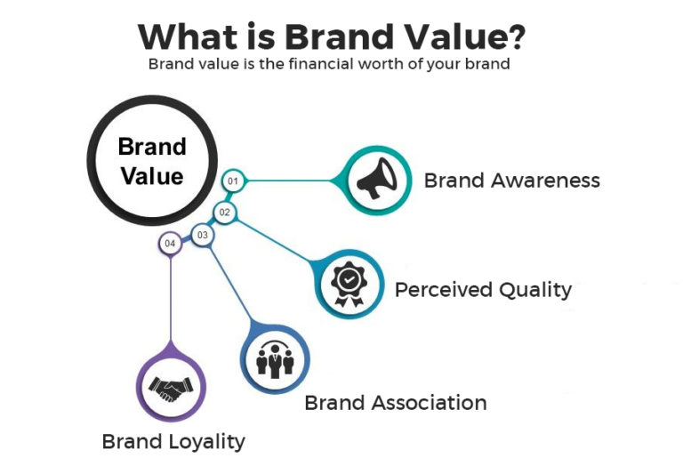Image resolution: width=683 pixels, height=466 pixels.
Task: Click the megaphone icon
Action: coord(376,181)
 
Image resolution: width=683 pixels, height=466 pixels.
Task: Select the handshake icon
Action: coord(170,389)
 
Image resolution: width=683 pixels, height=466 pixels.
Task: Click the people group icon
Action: coord(275,358)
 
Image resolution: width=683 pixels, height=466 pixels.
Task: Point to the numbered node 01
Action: coord(233,181)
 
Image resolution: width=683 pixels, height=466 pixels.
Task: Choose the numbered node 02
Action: coord(225,212)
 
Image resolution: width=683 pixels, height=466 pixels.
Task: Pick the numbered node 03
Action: coord(203,236)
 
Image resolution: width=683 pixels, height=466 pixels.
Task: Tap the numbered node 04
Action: coord(170,243)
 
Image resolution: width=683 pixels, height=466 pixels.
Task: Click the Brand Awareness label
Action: coord(511,181)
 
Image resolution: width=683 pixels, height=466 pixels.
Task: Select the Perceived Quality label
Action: coord(483,289)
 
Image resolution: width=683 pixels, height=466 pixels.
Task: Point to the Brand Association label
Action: coord(395,403)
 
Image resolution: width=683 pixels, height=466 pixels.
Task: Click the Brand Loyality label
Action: coord(173,441)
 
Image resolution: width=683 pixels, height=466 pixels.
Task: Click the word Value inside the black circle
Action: coord(152,175)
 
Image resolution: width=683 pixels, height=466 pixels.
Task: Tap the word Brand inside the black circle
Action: coord(152,147)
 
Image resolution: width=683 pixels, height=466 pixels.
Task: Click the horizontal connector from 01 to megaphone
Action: coord(289,181)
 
